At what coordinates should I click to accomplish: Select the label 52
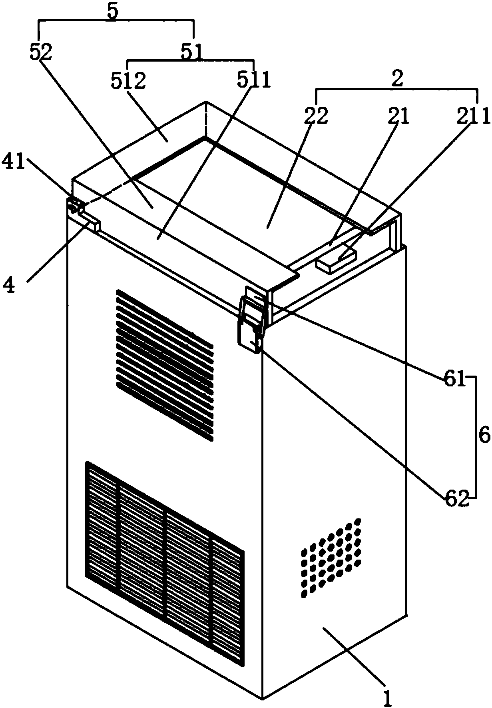tap(41, 52)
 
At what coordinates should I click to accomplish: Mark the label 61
tap(454, 378)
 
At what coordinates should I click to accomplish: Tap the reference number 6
tap(484, 437)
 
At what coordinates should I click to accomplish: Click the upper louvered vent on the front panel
tap(165, 365)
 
